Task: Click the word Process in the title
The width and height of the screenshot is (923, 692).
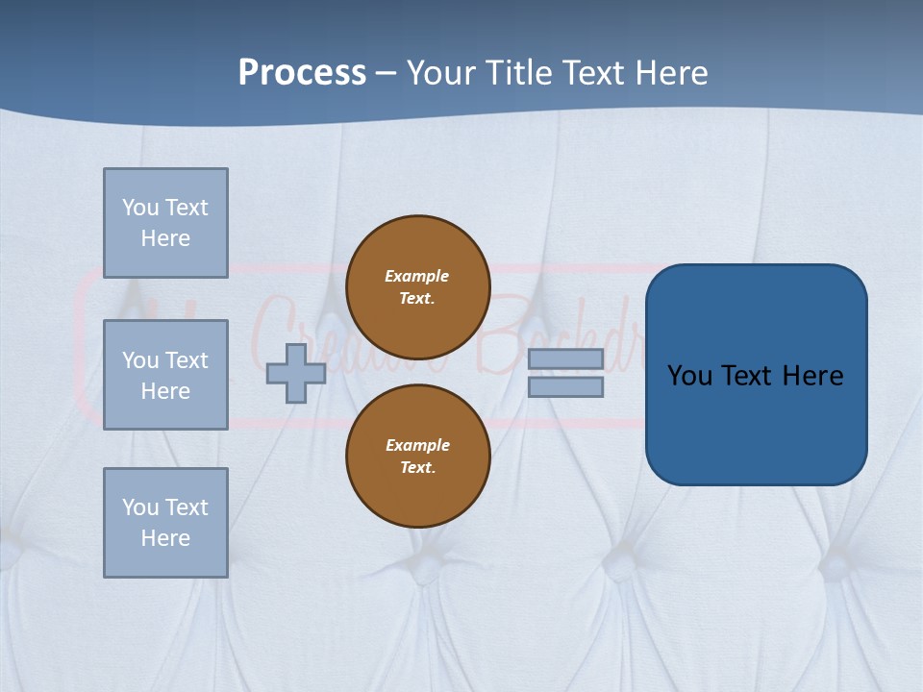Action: (x=302, y=73)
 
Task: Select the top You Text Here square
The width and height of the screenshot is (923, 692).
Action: (x=165, y=223)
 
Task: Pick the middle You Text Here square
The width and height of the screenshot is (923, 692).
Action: (x=165, y=375)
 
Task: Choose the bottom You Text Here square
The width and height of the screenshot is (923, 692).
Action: (x=165, y=523)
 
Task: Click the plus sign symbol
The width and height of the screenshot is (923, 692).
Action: (x=296, y=373)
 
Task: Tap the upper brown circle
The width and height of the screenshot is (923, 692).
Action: (x=417, y=287)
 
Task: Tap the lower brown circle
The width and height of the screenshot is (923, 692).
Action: (x=417, y=457)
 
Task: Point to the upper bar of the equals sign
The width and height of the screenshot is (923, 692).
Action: (x=565, y=358)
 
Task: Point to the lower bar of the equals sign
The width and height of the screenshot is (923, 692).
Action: (x=565, y=386)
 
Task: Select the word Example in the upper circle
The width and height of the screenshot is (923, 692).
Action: (x=417, y=276)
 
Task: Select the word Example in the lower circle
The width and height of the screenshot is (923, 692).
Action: (x=417, y=445)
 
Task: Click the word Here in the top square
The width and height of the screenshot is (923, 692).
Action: (x=165, y=238)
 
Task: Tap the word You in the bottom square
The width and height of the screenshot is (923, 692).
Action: (x=140, y=507)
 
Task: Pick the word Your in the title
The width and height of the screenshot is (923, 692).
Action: (x=443, y=73)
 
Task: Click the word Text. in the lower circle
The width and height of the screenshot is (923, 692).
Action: (x=417, y=468)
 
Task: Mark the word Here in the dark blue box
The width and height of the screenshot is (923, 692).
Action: (x=813, y=376)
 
